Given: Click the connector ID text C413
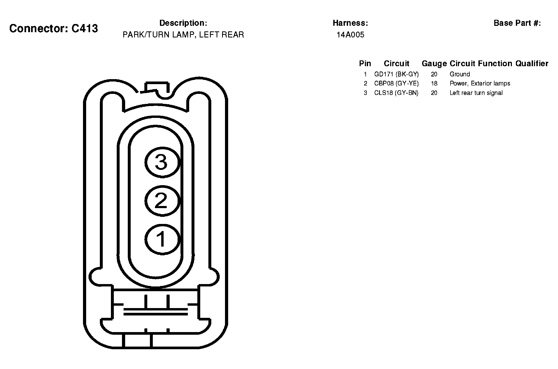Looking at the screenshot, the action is coord(85,28).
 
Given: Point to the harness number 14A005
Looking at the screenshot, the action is coord(350,35).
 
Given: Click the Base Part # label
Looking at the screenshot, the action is coord(517,23).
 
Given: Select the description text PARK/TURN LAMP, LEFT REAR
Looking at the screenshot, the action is coord(183,35).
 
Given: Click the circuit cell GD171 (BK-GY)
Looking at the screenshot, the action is coord(397,74).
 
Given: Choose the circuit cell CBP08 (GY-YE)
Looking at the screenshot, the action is coord(397,84).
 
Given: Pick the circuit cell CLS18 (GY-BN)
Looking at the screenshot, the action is coord(396,93).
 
